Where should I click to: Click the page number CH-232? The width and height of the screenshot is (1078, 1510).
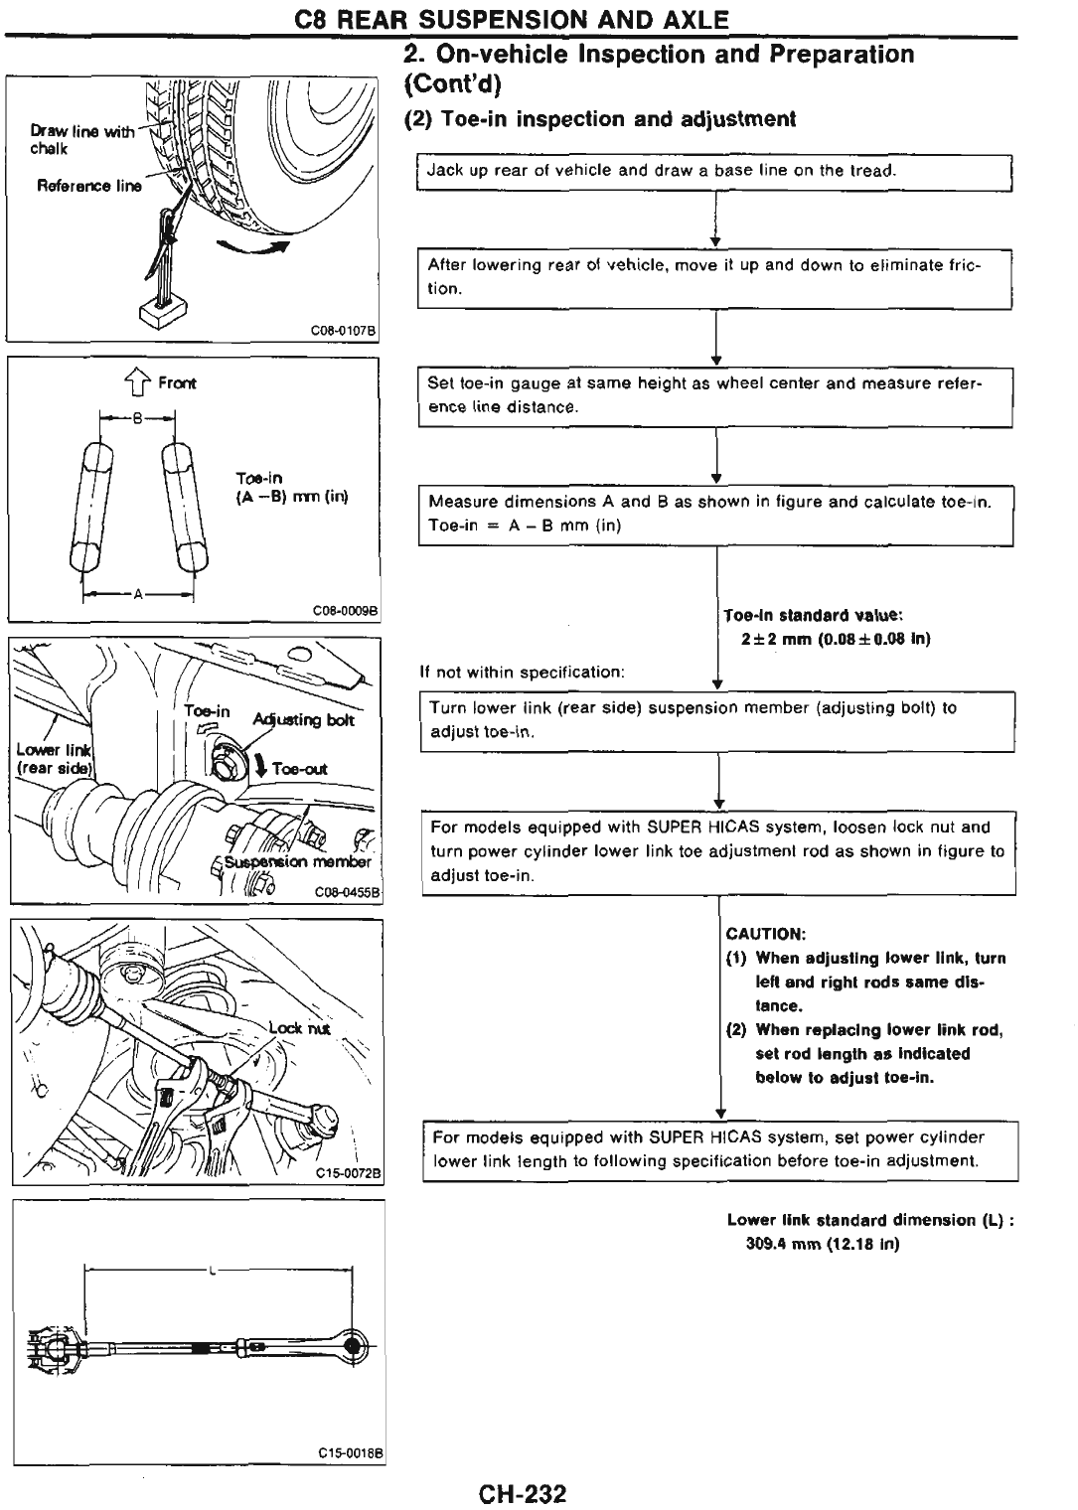(x=521, y=1493)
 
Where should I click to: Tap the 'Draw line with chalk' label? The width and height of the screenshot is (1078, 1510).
(x=79, y=139)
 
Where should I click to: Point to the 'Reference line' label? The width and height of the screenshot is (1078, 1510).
(x=89, y=186)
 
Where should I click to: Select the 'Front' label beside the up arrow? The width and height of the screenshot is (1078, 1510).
(x=177, y=382)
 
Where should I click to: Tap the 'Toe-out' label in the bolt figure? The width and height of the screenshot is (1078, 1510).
(x=299, y=768)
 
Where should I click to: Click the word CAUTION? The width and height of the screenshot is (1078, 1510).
(x=766, y=934)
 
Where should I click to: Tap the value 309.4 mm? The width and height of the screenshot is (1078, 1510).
(x=784, y=1244)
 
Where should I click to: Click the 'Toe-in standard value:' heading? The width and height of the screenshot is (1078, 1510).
(x=813, y=615)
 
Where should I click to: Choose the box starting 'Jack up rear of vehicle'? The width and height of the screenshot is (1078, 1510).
(x=713, y=171)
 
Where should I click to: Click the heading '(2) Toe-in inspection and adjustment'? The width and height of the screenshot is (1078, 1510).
(x=600, y=119)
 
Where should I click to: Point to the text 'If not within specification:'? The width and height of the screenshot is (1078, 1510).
(x=523, y=673)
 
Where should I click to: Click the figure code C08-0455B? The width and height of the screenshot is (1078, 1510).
(x=348, y=892)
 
